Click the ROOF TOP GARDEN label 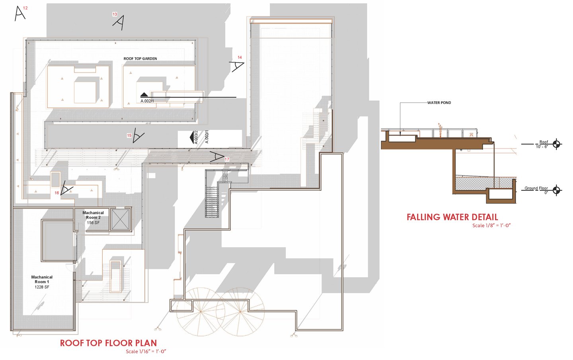[x=140, y=59]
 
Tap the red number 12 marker [x=25, y=8]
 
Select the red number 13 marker [x=115, y=14]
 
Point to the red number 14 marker [x=240, y=57]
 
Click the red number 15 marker [x=129, y=135]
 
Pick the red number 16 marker [x=57, y=193]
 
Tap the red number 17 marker [x=227, y=160]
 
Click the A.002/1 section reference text [x=147, y=101]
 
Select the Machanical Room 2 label [x=93, y=215]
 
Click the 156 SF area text [x=93, y=223]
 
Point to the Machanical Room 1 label [x=42, y=279]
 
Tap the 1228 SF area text [x=42, y=287]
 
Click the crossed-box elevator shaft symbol [x=121, y=219]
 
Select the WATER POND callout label [x=439, y=103]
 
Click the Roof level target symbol [x=556, y=144]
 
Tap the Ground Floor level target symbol [x=556, y=190]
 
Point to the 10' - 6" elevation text [x=542, y=147]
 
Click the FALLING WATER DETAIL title [x=452, y=217]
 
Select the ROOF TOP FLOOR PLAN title [x=109, y=343]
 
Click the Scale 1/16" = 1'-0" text [x=146, y=352]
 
